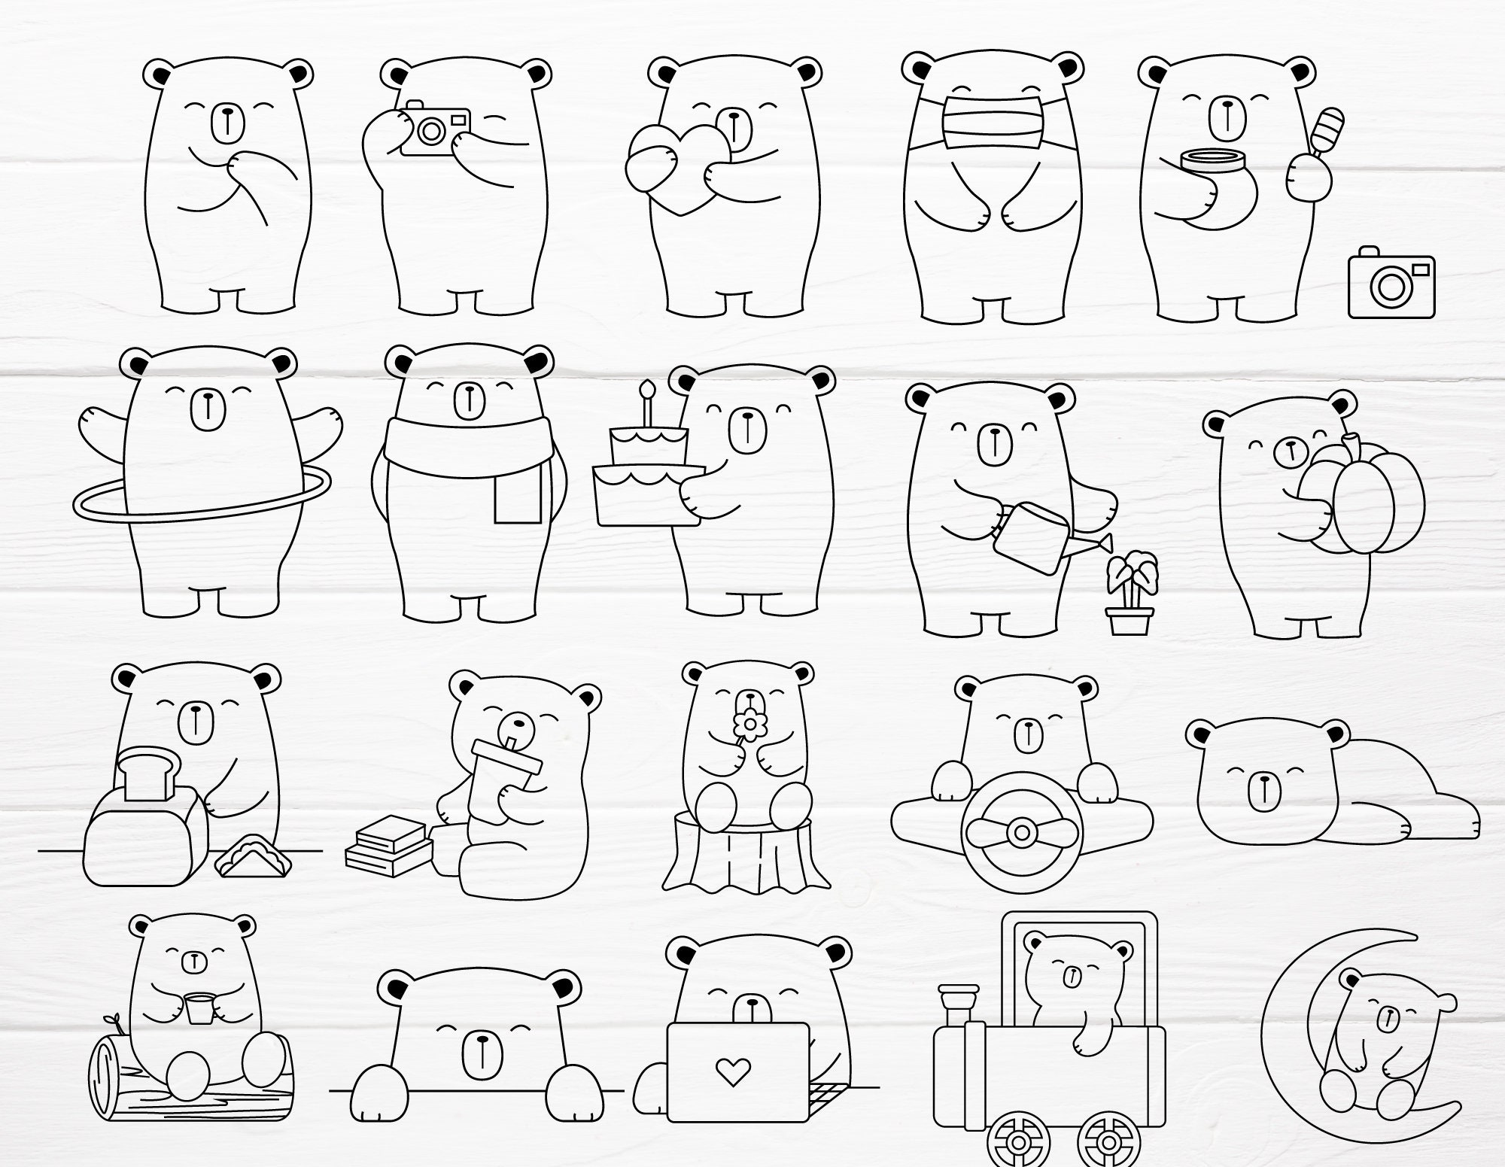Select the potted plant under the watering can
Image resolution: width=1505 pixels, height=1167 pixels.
1130,594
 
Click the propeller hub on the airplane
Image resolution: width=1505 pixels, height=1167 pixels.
1021,833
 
